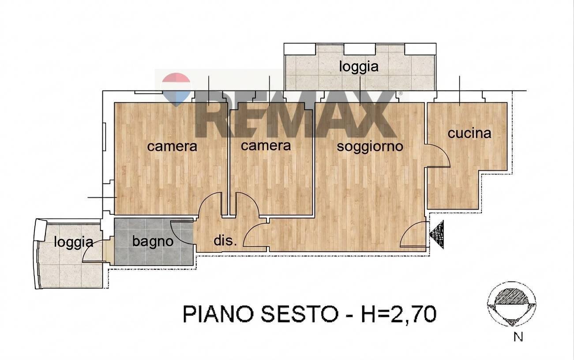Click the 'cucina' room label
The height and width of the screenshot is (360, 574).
pos(469,133)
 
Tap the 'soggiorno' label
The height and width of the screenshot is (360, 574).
pos(370,146)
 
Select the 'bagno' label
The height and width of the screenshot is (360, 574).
pos(152,241)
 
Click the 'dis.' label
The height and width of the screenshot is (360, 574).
pos(225,241)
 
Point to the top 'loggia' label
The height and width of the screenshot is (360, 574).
pos(359,67)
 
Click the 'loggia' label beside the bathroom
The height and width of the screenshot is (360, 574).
pos(74,242)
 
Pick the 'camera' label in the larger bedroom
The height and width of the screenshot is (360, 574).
pos(172,146)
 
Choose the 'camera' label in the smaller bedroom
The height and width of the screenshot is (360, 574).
pos(266,145)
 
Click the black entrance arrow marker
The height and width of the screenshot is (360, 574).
pos(436,235)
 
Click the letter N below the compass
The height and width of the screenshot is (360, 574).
pos(518,337)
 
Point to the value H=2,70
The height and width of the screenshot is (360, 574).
pos(394,315)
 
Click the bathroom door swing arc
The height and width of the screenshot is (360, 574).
pos(180,231)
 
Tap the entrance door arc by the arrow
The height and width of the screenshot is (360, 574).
pos(413,235)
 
